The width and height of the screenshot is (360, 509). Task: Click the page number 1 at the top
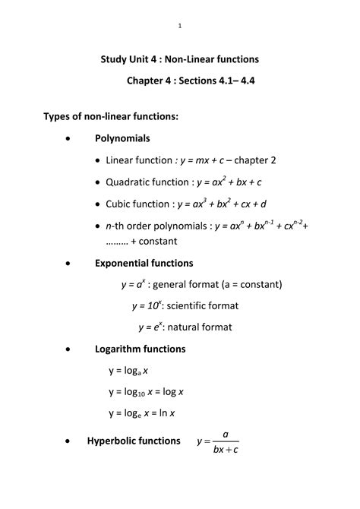click(180, 27)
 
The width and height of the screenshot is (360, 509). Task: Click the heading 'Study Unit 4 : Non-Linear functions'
click(180, 58)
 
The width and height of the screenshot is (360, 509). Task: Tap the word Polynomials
click(122, 139)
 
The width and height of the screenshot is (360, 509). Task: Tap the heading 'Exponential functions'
click(144, 263)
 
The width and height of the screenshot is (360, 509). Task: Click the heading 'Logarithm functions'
click(140, 349)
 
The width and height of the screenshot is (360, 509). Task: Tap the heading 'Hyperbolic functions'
click(134, 441)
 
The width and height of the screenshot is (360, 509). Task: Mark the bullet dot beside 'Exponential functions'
click(70, 264)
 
